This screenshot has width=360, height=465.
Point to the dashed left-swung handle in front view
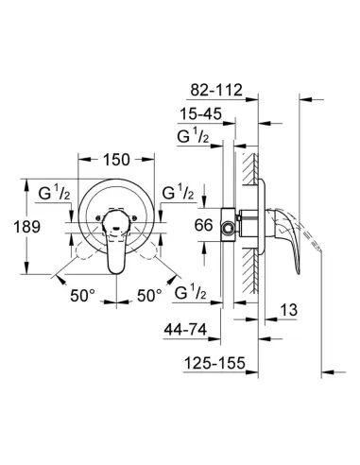coord(80,260)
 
